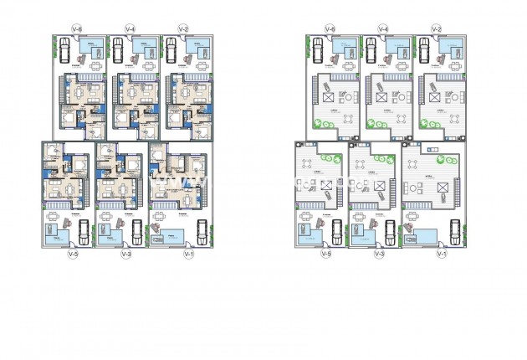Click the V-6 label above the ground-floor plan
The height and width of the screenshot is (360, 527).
(77, 29)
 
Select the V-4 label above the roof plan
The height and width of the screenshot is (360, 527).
(382, 29)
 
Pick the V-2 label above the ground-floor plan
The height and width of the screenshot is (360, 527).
(183, 29)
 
